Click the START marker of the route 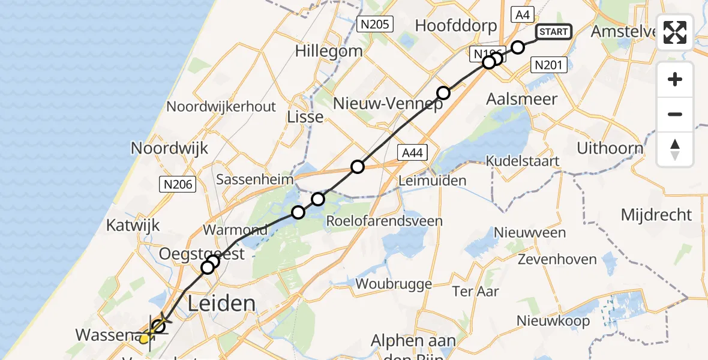click(553, 32)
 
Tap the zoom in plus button click(675, 79)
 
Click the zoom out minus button click(675, 114)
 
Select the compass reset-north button click(675, 149)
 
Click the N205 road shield click(374, 25)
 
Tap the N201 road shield click(548, 65)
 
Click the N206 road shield click(178, 185)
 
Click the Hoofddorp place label click(456, 26)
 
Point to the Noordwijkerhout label click(221, 107)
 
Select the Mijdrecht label click(656, 215)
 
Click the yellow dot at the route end click(144, 339)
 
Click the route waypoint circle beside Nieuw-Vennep click(443, 93)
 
